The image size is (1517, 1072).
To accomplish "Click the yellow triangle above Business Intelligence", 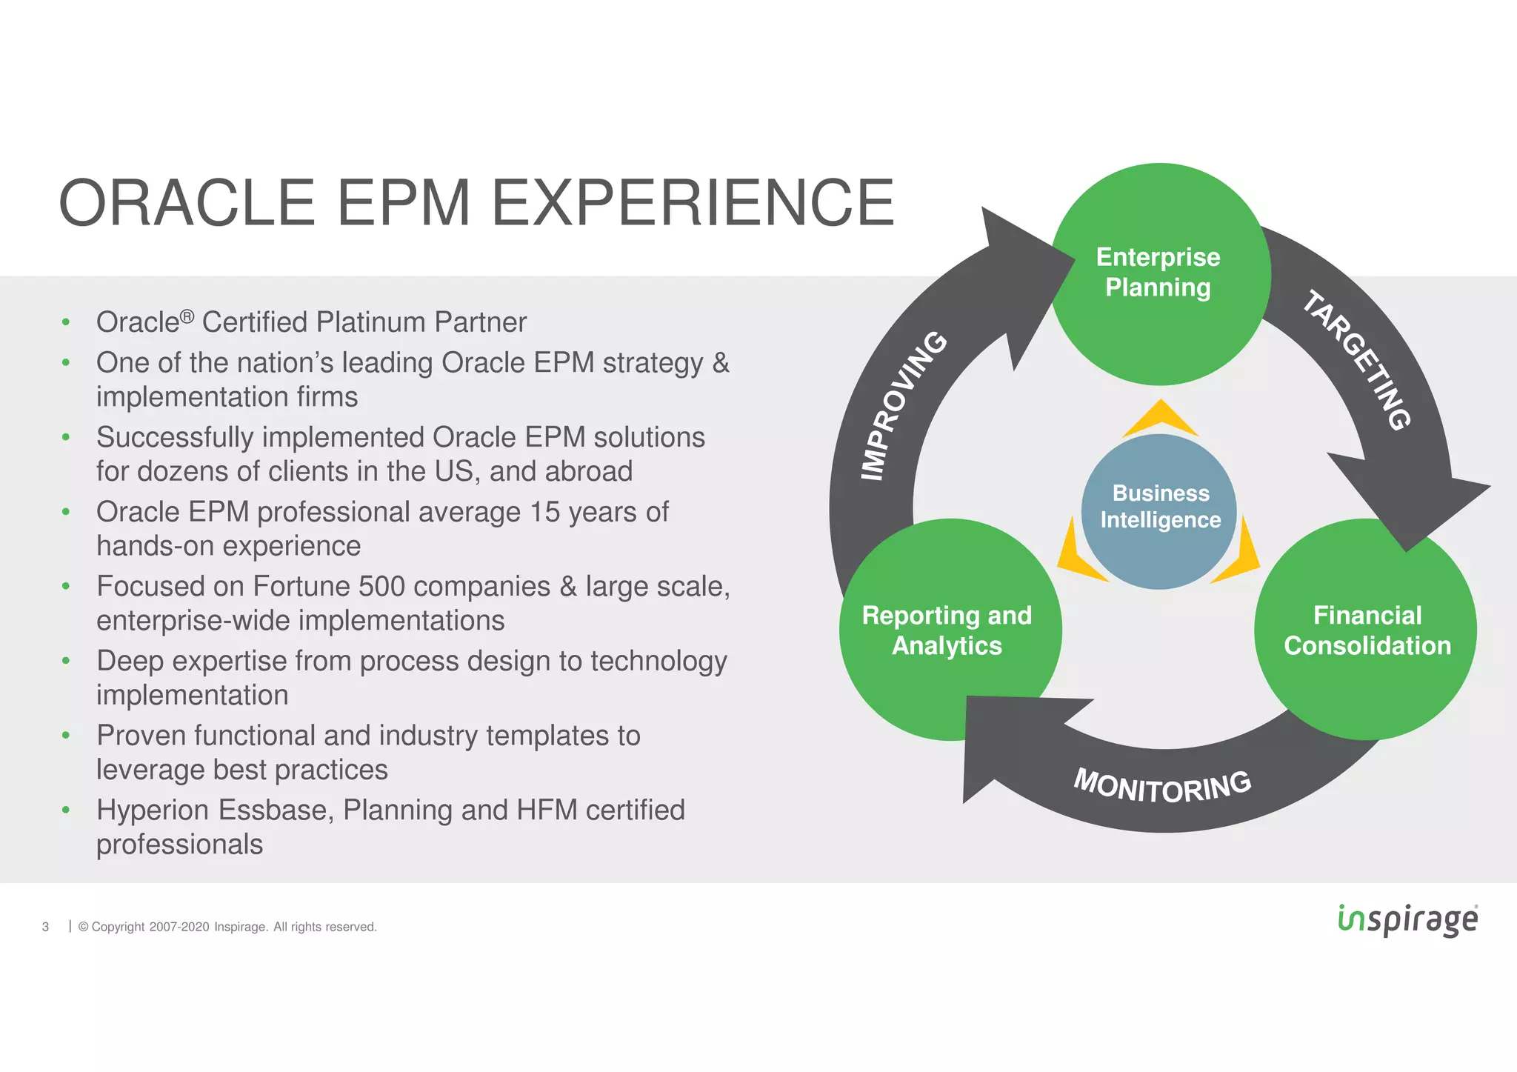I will (x=1160, y=418).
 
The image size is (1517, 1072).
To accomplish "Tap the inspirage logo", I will (x=1407, y=919).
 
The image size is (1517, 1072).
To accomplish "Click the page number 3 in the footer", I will (x=46, y=927).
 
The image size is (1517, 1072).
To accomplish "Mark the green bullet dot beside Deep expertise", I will (x=66, y=661).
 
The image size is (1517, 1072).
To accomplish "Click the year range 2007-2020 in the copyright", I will (x=179, y=927).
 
